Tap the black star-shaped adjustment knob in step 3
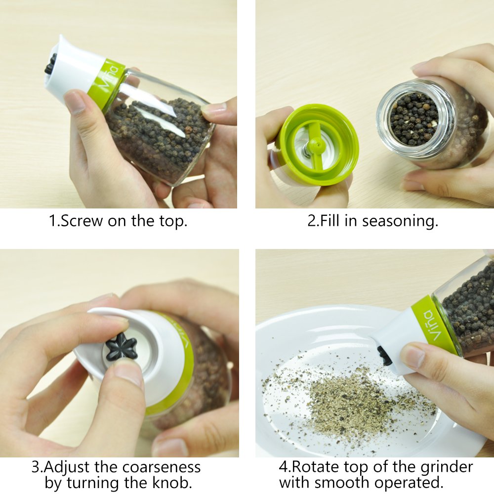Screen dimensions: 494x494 point(122,346)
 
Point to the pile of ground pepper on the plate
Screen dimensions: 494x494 point(346,400)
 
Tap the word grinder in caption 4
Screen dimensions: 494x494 point(447,467)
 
